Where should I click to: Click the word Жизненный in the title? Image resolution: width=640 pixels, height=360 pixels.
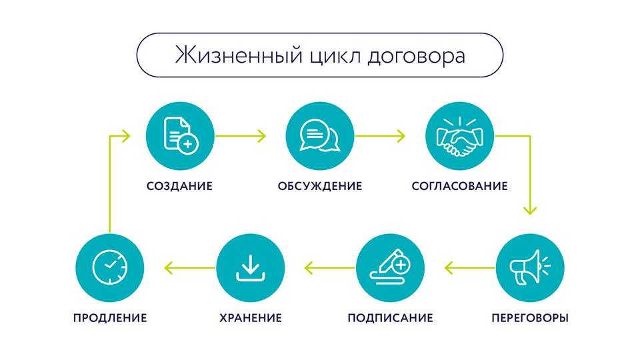pos(239,55)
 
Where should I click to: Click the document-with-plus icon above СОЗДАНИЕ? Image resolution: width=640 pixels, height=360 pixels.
pos(181,135)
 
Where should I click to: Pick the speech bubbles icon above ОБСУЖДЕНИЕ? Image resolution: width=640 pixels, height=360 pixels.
pos(320,135)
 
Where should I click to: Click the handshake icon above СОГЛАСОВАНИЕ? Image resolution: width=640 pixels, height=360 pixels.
pos(459,136)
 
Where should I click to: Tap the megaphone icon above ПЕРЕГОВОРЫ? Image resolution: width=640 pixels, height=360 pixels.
pos(530,267)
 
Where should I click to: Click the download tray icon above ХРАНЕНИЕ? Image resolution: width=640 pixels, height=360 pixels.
pos(251,268)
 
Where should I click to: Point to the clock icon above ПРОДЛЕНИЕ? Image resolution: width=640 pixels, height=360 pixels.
pos(110,267)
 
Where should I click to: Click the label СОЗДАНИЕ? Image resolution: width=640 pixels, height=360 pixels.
pos(179,186)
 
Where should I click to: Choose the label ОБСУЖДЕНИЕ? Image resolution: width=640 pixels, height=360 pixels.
pos(320,186)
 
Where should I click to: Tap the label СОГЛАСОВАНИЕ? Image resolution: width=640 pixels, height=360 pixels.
pos(459,186)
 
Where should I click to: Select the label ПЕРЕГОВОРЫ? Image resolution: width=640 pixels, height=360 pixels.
pos(530,318)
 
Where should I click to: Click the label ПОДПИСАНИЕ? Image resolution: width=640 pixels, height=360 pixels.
pos(390,318)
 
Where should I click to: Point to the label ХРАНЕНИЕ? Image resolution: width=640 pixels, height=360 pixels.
pos(251,318)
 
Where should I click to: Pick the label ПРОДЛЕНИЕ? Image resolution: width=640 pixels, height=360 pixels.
pos(110,318)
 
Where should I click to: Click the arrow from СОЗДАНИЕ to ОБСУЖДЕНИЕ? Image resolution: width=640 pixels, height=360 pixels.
pos(241,136)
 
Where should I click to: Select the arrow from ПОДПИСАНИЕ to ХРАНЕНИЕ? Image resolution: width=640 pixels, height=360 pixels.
pos(329,268)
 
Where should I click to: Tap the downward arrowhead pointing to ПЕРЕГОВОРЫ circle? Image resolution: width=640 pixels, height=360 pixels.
pos(530,210)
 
